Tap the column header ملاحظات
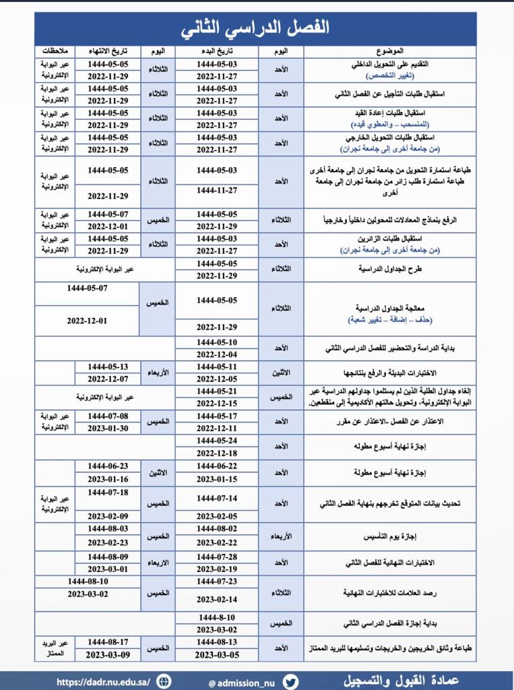pos(55,51)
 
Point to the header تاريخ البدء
pos(217,51)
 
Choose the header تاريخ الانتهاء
pos(108,51)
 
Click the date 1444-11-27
pos(217,191)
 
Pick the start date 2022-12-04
pos(217,354)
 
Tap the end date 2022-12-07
pos(108,379)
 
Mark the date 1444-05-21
pos(217,391)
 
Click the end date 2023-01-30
pos(108,428)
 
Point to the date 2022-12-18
pos(217,453)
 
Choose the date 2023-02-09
pos(108,516)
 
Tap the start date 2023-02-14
pos(217,598)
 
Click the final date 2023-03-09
pos(108,654)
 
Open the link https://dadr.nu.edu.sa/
pos(103,681)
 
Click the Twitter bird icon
pos(290,681)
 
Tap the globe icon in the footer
pos(164,681)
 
